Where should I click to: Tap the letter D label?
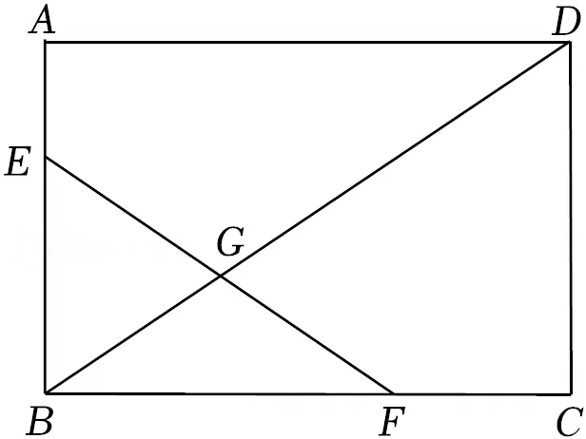(566, 21)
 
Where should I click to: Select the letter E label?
(17, 162)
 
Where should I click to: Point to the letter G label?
(230, 242)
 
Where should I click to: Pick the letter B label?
(40, 421)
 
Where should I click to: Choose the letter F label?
(391, 422)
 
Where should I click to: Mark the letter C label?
(570, 422)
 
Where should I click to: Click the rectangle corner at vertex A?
(46, 42)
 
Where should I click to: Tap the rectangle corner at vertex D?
(570, 43)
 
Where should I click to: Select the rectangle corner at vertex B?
(46, 393)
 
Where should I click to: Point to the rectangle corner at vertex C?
(571, 393)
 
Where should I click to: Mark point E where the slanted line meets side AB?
(46, 158)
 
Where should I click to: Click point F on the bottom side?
(394, 393)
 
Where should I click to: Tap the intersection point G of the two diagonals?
(221, 277)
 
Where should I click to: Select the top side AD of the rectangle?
(307, 42)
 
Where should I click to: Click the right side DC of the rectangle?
(571, 218)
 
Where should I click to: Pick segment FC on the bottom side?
(482, 393)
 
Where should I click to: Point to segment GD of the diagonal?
(395, 160)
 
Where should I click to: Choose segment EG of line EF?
(133, 217)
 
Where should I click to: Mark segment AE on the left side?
(46, 100)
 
